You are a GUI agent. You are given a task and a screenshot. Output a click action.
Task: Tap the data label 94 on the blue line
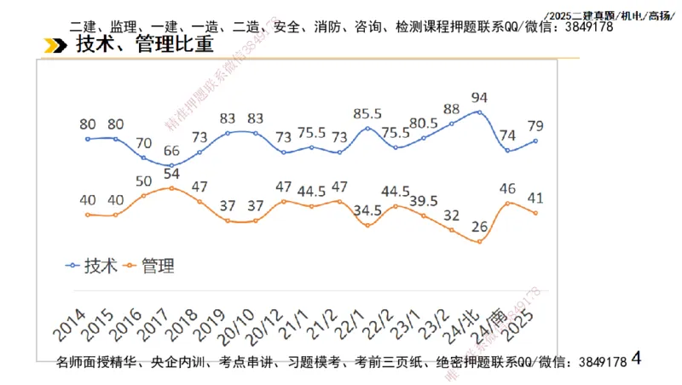point(479,97)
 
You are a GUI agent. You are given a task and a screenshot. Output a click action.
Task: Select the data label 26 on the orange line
point(480,227)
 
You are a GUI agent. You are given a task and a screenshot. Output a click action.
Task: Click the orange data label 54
point(171,174)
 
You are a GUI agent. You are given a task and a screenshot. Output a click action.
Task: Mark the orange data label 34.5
point(367,210)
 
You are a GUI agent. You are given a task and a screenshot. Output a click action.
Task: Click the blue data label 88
point(452,109)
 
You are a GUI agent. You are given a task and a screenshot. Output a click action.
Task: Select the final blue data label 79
point(535,127)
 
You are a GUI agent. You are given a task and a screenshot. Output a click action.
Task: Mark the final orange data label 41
point(535,198)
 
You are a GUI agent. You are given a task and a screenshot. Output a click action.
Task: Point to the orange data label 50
point(143,181)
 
